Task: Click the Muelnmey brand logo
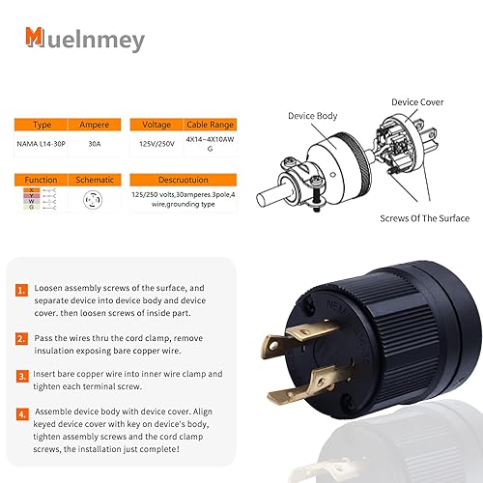point(85,39)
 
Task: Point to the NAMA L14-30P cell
point(42,147)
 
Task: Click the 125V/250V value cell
point(156,147)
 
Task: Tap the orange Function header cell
point(42,180)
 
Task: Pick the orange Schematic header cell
point(95,180)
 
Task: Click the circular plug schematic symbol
point(95,201)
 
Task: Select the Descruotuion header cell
point(184,180)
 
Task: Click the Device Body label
point(313,116)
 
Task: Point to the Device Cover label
point(417,101)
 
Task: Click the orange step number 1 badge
point(21,289)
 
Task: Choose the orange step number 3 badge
point(21,375)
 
